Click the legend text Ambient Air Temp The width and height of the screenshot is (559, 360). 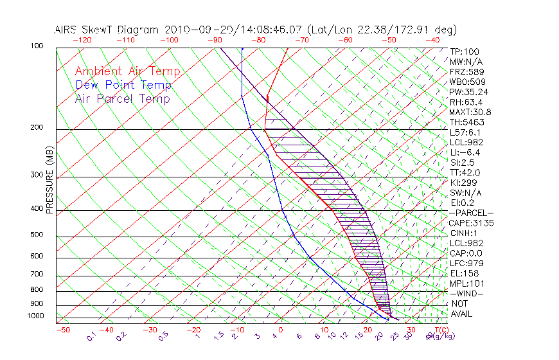pos(127,72)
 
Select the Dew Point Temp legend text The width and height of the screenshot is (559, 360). pos(123,85)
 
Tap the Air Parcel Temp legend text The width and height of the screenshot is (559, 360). pos(122,99)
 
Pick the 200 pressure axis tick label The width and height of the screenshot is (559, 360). pos(37,127)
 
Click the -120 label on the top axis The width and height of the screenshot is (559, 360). pos(82,40)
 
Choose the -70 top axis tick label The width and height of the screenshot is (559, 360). pos(301,40)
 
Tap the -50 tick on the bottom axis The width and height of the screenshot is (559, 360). pos(62,330)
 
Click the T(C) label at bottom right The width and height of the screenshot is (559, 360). pos(442,330)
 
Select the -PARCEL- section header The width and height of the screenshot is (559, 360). pos(471,213)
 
